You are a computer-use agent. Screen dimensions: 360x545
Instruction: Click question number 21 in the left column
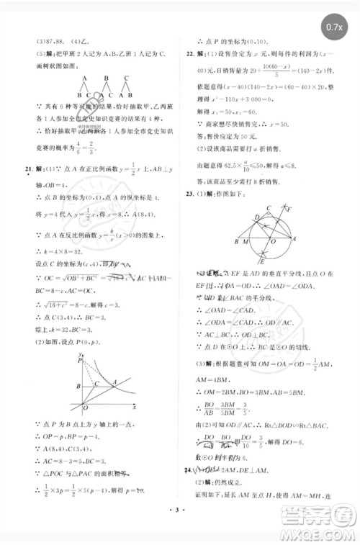[27, 189]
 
